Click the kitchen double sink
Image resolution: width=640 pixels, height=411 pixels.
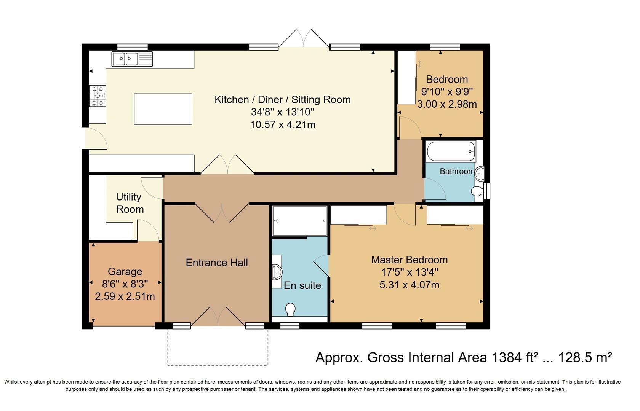coord(132,59)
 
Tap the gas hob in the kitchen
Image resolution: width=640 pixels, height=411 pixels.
coord(98,96)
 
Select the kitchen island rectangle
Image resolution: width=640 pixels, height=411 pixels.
coord(163,109)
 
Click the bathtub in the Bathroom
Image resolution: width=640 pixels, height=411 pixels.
coord(451,151)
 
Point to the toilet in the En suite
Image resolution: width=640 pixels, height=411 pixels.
coord(290,309)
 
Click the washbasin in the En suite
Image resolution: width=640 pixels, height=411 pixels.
coord(277,271)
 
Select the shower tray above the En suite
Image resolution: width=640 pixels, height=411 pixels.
coord(300,221)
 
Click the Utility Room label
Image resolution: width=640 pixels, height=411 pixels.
coord(130,203)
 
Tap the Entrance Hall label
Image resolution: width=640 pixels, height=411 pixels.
coord(217,263)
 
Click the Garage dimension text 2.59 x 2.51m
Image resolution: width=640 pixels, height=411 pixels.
coord(125,296)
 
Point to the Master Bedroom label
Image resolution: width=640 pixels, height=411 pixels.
coord(410,260)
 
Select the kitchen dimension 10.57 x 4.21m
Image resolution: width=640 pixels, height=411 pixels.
coord(283,125)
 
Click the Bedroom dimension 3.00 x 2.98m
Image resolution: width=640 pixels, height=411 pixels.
coord(447,104)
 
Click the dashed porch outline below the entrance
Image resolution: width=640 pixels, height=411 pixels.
coord(218,365)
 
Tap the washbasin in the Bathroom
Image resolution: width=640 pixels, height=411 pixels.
coord(480,173)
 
